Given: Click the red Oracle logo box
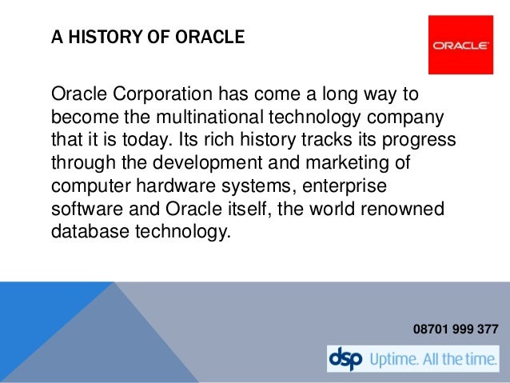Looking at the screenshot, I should (x=461, y=45).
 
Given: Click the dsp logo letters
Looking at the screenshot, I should (x=345, y=358).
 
